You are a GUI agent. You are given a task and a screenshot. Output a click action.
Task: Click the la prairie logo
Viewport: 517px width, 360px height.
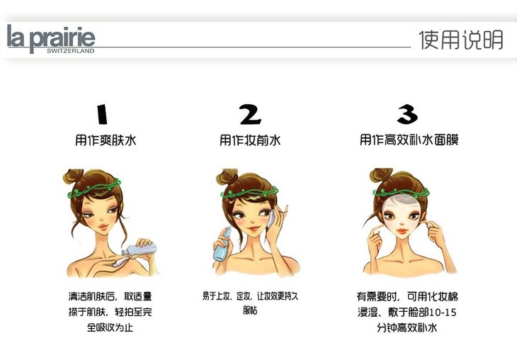51,38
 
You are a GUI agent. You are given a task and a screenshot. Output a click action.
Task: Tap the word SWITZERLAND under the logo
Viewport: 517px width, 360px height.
71,51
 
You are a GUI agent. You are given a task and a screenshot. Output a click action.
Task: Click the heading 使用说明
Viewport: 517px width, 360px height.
461,40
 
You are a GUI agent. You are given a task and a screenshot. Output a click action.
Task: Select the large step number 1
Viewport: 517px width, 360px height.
102,114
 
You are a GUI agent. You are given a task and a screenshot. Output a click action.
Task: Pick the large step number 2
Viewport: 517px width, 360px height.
250,114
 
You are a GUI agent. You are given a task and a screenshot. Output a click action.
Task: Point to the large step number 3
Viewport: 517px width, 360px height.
407,114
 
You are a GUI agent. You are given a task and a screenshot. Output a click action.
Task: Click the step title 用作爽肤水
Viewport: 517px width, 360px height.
106,140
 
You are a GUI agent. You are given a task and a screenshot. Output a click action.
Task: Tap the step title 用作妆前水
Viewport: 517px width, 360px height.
250,140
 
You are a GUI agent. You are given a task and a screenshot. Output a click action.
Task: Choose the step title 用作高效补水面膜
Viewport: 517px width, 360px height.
409,140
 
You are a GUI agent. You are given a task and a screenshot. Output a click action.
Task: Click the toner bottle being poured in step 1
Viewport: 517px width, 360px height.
140,249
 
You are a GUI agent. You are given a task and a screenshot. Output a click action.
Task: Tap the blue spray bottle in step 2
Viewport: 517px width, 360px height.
222,246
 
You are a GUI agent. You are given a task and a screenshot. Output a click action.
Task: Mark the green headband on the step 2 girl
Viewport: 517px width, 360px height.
249,192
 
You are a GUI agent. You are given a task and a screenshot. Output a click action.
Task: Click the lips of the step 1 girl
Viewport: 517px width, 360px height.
103,227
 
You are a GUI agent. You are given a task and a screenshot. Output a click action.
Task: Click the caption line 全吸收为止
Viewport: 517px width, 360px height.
110,327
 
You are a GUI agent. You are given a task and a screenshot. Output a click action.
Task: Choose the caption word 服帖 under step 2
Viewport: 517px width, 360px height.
250,310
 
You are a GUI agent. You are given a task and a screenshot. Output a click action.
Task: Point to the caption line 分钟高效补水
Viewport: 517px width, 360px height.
407,327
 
